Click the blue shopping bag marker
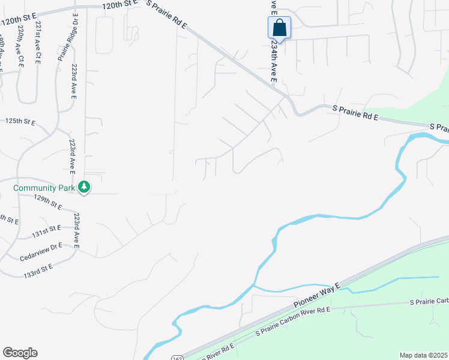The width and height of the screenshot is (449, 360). (279, 28)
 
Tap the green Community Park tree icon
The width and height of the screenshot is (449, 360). (85, 188)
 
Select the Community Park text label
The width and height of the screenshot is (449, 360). (44, 188)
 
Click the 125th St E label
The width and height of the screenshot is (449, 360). (20, 121)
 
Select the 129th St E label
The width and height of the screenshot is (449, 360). (48, 202)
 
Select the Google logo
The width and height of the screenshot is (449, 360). (20, 353)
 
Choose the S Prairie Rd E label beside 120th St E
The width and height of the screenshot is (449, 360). (167, 16)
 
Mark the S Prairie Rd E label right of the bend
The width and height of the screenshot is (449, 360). (355, 113)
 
